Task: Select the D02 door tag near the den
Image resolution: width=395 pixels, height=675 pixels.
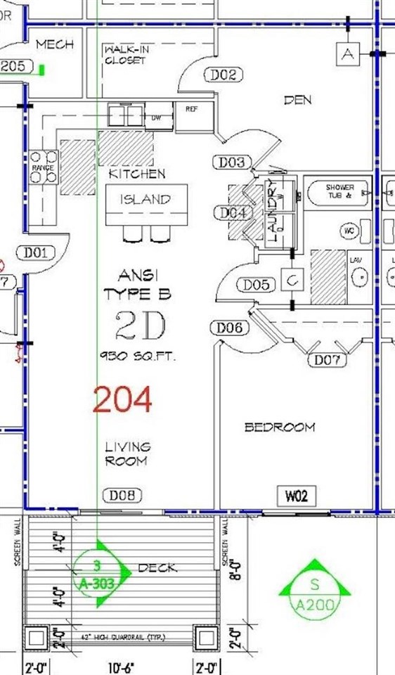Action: point(222,75)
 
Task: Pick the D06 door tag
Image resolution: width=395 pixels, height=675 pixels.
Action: point(229,327)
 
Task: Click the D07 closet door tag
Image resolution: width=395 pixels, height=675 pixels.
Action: point(328,361)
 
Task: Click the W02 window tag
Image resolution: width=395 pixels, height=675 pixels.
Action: point(296,496)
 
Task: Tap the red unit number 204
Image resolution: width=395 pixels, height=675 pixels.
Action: point(122,401)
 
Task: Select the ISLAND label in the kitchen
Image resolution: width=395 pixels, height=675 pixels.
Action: point(147,200)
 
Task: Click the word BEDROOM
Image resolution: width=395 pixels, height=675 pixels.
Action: point(279,427)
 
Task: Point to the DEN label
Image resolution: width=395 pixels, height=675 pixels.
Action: point(297,101)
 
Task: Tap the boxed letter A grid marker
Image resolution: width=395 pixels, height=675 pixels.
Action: point(347,54)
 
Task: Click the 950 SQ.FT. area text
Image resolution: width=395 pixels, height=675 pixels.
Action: point(137,356)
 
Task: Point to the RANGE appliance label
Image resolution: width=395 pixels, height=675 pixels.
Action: point(42,169)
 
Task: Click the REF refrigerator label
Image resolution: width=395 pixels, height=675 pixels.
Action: point(191,109)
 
